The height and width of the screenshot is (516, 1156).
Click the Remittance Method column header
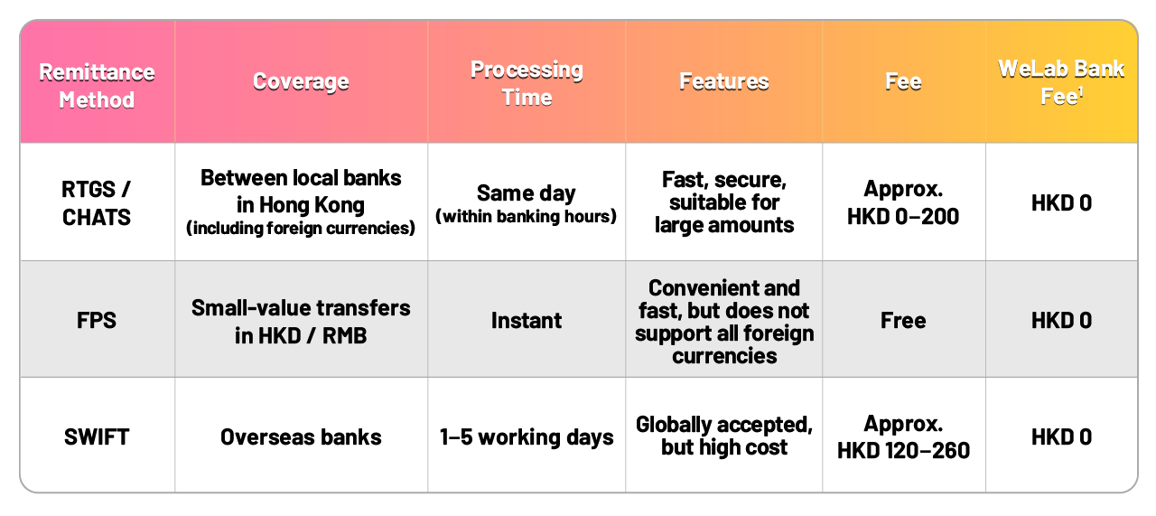(97, 86)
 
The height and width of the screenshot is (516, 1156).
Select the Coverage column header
(301, 81)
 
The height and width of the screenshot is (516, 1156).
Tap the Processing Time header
(527, 83)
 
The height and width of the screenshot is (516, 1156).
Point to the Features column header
(724, 81)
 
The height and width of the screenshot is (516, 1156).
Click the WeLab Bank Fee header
(1061, 82)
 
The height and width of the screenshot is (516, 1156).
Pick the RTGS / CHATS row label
(97, 203)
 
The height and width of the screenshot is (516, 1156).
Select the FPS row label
(97, 320)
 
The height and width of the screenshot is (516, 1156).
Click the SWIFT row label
(97, 437)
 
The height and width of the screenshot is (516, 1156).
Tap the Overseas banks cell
(301, 437)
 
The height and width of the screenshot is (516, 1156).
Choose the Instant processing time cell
(527, 320)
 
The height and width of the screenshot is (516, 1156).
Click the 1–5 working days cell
(527, 437)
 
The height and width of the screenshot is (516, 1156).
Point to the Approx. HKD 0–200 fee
(903, 202)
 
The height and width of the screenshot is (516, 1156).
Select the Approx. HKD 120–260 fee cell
(903, 437)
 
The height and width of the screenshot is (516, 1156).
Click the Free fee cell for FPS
(903, 320)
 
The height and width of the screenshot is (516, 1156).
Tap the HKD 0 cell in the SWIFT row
(1061, 437)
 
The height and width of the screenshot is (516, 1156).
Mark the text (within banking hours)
(527, 216)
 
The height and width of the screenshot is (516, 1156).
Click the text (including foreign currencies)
(301, 228)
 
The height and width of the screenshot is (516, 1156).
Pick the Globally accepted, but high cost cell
(724, 436)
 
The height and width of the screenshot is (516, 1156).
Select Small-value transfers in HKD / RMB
(301, 322)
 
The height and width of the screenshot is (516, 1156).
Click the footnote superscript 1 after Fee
(1081, 91)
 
